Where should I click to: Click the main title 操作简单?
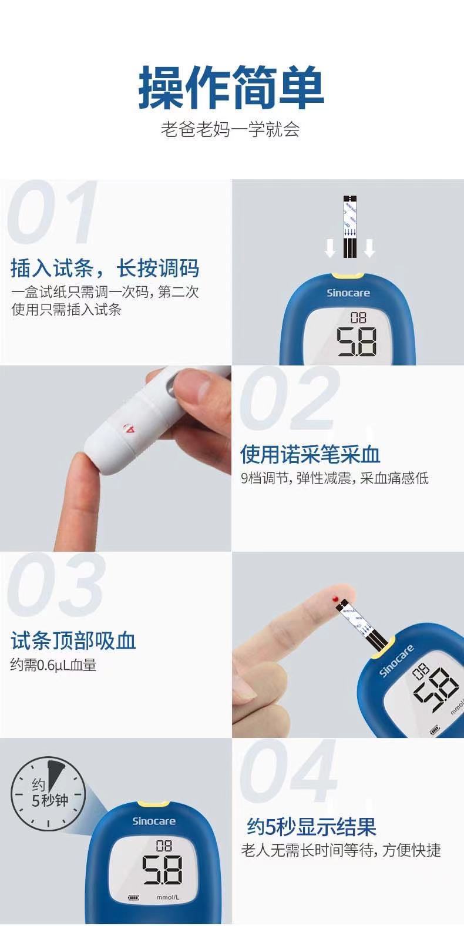[231, 89]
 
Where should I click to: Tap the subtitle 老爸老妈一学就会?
[231, 129]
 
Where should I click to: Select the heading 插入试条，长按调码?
[105, 269]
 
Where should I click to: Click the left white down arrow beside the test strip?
[330, 249]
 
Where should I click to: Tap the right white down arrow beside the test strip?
[369, 249]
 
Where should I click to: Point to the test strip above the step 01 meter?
[349, 227]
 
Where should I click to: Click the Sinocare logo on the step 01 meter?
[348, 293]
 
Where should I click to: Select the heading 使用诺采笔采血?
[310, 454]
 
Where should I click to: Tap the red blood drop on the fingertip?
[335, 598]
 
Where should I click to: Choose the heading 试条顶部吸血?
[73, 641]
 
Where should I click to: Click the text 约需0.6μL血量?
[53, 665]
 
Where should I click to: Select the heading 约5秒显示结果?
[311, 827]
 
